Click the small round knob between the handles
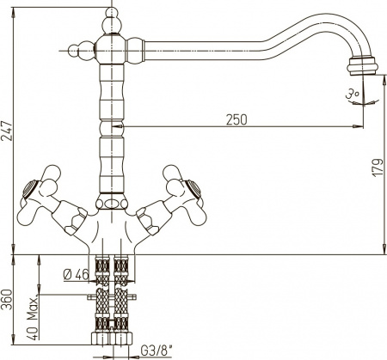coord(111,204)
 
